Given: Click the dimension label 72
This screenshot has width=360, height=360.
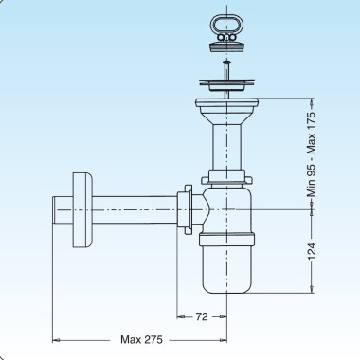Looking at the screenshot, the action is coord(202,316).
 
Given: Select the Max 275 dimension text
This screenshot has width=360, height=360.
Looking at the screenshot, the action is coord(141,340).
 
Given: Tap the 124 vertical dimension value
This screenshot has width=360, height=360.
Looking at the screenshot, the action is coord(312,251).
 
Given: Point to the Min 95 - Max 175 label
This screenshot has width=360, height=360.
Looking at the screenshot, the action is coord(312,154).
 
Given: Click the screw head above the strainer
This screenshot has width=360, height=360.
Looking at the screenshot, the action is coord(226,62).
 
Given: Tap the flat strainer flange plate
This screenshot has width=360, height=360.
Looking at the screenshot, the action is coord(226,82).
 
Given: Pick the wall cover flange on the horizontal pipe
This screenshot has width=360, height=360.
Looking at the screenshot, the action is coord(82,209).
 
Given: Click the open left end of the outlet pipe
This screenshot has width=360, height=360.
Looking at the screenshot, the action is coord(54,209).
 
